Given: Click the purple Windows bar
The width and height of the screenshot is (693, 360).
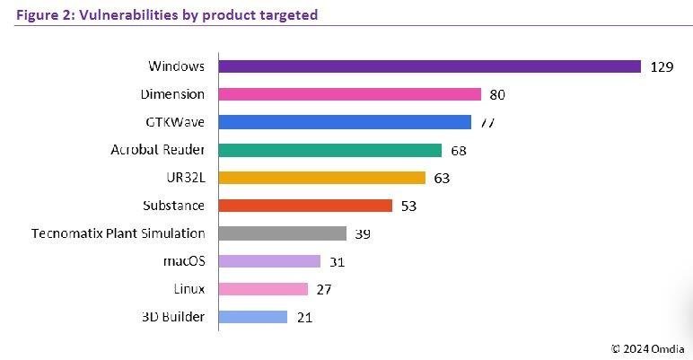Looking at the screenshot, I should click(429, 66).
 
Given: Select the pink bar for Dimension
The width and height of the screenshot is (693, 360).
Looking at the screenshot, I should click(350, 94).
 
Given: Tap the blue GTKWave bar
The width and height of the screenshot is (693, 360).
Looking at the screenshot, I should click(345, 122).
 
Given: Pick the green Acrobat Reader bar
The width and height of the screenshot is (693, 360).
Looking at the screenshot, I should click(330, 150).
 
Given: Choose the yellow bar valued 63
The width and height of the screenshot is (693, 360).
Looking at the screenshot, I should click(322, 178).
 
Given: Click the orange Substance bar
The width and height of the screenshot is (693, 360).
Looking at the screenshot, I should click(305, 206).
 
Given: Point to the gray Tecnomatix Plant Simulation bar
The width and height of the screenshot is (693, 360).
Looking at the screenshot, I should click(283, 233).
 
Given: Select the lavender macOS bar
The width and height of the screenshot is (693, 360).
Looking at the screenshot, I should click(269, 261).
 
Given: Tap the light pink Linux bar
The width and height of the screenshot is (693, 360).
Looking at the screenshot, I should click(263, 289).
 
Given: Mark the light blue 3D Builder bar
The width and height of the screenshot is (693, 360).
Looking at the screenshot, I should click(253, 317).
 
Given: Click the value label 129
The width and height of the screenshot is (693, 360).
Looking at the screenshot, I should click(662, 66).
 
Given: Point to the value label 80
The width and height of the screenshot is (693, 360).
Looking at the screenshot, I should click(498, 94).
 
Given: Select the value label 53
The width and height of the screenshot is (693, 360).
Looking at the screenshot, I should click(409, 206).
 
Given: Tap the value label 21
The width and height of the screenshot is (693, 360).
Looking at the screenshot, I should click(303, 317).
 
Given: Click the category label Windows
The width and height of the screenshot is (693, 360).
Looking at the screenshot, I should click(176, 66).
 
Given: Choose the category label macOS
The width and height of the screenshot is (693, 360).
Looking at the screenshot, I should click(185, 261).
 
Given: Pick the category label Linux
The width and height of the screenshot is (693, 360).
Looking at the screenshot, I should click(189, 289).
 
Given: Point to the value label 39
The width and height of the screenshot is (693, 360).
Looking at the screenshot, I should click(364, 233).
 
